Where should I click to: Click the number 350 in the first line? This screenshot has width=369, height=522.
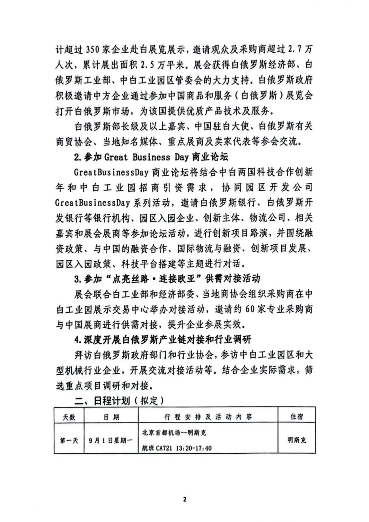tap(93, 50)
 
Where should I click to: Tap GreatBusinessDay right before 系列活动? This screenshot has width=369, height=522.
tap(93, 203)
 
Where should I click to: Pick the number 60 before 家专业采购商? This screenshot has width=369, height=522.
tap(250, 310)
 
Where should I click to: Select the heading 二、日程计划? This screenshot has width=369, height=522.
tap(102, 400)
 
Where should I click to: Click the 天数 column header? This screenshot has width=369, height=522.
tap(69, 417)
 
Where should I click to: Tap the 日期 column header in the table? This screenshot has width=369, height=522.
tap(111, 417)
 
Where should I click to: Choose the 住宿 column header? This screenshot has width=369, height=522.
tap(297, 417)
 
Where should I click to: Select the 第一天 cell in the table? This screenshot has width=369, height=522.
tap(69, 440)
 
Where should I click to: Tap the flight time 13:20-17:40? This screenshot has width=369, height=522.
tap(194, 448)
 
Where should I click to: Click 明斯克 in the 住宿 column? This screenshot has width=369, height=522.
tap(297, 440)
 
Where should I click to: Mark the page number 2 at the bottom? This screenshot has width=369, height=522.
tap(185, 500)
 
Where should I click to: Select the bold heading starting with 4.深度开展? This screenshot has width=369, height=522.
tap(163, 340)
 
